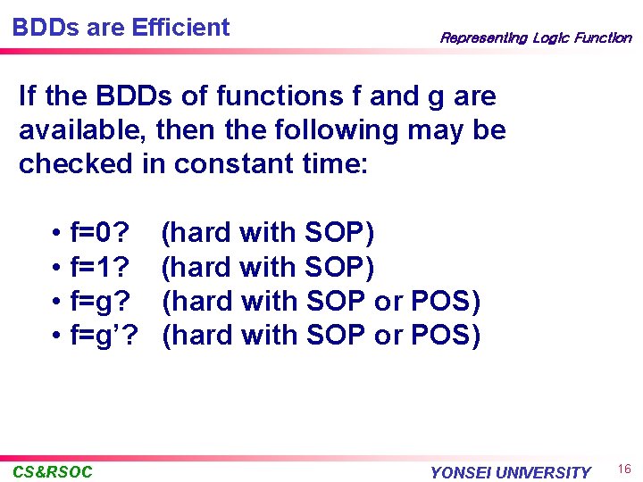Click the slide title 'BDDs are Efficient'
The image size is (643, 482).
121,28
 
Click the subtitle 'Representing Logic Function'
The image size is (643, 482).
535,37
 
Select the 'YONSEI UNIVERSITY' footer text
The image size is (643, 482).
510,472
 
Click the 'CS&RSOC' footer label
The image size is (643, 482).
53,471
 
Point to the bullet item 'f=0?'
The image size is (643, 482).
98,233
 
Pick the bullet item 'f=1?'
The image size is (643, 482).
98,267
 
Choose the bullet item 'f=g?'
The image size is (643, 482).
99,302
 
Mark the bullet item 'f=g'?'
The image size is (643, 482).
103,336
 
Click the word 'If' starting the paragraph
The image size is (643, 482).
27,96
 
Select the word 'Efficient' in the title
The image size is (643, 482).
180,28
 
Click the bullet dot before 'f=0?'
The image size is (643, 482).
55,234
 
